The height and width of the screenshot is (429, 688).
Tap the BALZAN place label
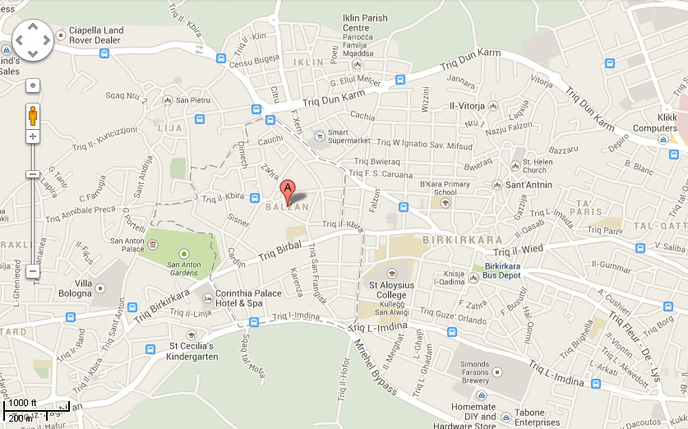[287, 207]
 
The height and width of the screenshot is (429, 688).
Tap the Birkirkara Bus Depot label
[502, 271]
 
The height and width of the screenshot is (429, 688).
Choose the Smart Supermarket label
[349, 136]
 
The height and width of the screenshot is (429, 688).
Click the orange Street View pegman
[32, 114]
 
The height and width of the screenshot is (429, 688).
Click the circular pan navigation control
[33, 40]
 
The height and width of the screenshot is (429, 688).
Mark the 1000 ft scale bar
[25, 404]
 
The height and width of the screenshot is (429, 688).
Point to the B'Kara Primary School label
[445, 188]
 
